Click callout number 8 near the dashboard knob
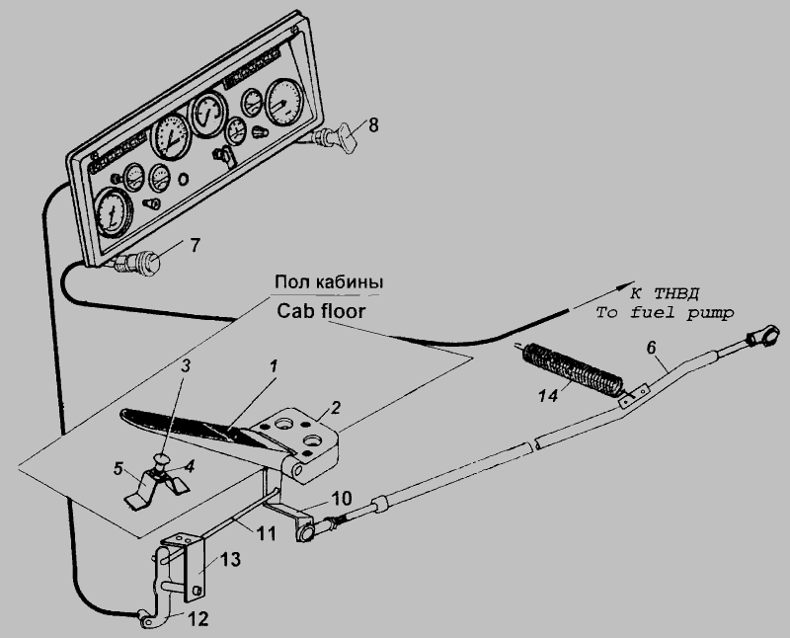click(373, 125)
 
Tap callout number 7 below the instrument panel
click(195, 244)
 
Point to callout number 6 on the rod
click(650, 347)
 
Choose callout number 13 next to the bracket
click(229, 558)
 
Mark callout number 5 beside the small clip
click(118, 467)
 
